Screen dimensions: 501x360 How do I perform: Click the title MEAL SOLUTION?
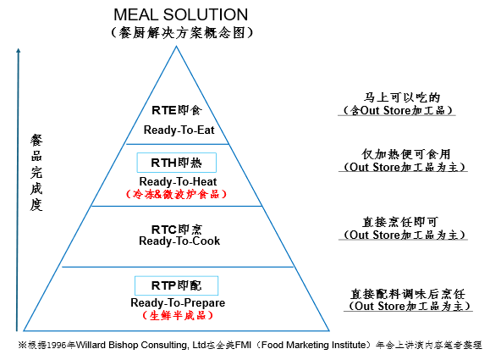[x=180, y=14]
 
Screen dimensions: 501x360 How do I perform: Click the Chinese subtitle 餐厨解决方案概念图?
[x=182, y=32]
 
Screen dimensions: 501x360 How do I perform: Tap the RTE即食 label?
[x=177, y=110]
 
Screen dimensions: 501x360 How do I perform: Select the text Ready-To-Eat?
[x=179, y=130]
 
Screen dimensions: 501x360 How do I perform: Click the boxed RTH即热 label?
[x=176, y=163]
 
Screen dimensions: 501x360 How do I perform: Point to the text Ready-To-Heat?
[x=178, y=181]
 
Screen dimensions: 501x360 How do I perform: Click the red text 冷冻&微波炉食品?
[x=176, y=194]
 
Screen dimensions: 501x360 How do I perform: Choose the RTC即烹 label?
[x=177, y=230]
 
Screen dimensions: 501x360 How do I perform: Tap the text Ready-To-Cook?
[x=179, y=241]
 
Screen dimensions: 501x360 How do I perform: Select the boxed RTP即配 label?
[x=176, y=285]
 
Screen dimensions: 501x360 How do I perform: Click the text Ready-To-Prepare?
[x=178, y=302]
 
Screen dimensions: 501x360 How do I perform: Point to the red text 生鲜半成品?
[x=178, y=316]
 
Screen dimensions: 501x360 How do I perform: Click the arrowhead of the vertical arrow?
[x=19, y=51]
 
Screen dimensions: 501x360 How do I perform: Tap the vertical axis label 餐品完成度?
[x=36, y=173]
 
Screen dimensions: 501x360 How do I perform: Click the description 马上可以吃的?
[x=402, y=97]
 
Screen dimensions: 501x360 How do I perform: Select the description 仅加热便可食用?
[x=406, y=154]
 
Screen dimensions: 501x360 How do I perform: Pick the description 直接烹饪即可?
[x=399, y=222]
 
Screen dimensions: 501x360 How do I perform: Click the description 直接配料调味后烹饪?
[x=408, y=293]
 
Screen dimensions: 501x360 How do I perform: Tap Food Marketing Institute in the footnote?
[x=313, y=345]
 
